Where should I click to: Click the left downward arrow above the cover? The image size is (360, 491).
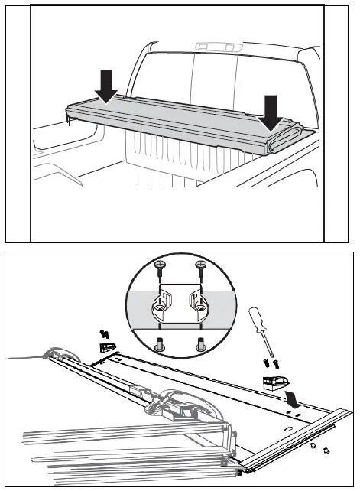click(x=107, y=86)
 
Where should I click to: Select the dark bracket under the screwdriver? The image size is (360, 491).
click(x=274, y=382)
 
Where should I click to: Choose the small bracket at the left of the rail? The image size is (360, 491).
click(x=107, y=348)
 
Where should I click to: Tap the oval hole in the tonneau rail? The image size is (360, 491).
click(x=286, y=430)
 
